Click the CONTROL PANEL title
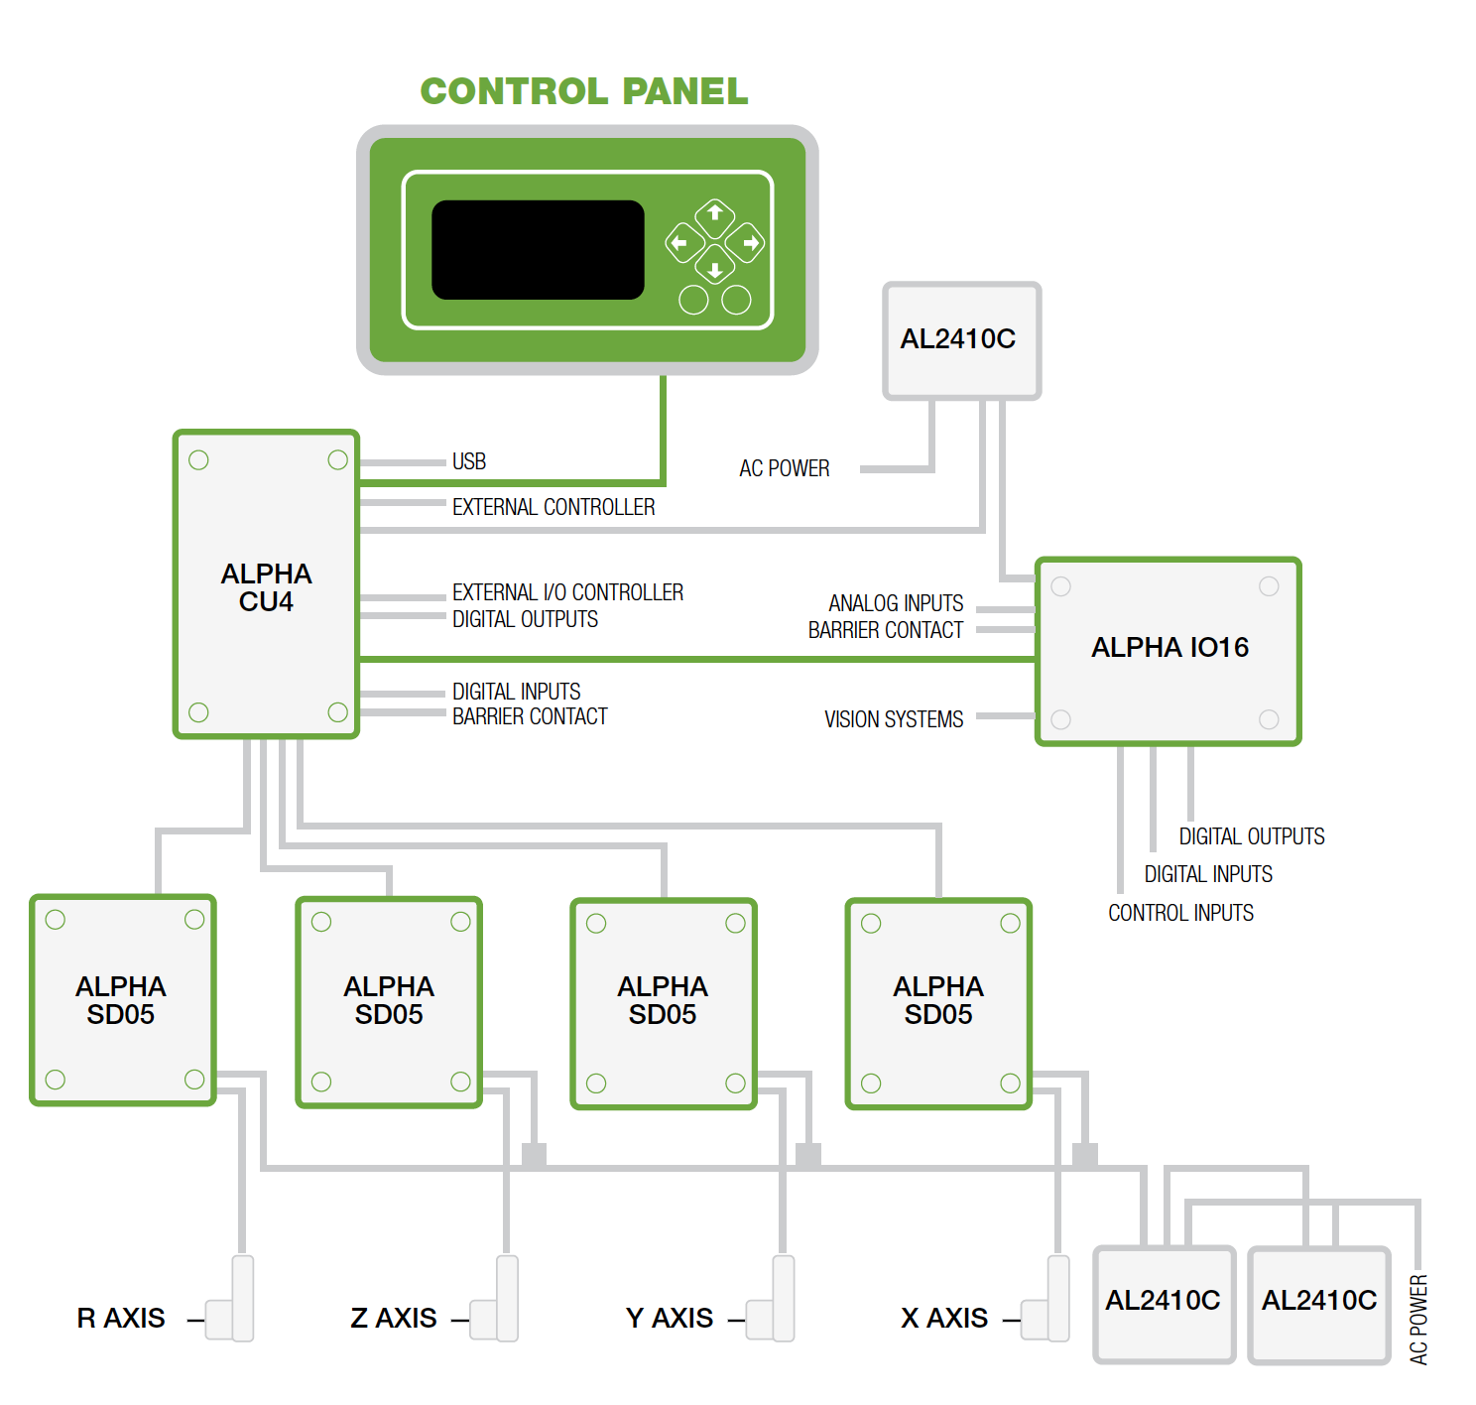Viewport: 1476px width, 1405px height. coord(583,91)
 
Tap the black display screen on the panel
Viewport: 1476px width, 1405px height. coord(538,250)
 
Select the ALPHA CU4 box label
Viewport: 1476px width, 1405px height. coord(266,587)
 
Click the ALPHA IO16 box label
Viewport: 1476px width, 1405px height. coord(1169,648)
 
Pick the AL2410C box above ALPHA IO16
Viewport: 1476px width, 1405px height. coord(960,340)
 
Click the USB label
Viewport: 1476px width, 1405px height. coord(469,461)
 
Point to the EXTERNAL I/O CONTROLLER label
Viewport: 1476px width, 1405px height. coord(567,592)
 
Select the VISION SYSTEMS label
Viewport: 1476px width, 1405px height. coord(894,719)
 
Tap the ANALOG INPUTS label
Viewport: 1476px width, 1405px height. coord(896,603)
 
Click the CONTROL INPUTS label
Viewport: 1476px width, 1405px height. coord(1180,913)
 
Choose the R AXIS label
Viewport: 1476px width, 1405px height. coord(121,1318)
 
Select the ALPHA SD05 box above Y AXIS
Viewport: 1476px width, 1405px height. coord(663,1002)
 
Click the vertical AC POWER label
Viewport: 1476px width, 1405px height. coord(1418,1320)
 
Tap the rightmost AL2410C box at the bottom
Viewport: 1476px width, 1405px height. coord(1319,1302)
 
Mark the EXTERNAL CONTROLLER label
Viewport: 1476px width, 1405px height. coord(553,507)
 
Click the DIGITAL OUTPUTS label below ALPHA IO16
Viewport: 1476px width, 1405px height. coord(1252,836)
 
